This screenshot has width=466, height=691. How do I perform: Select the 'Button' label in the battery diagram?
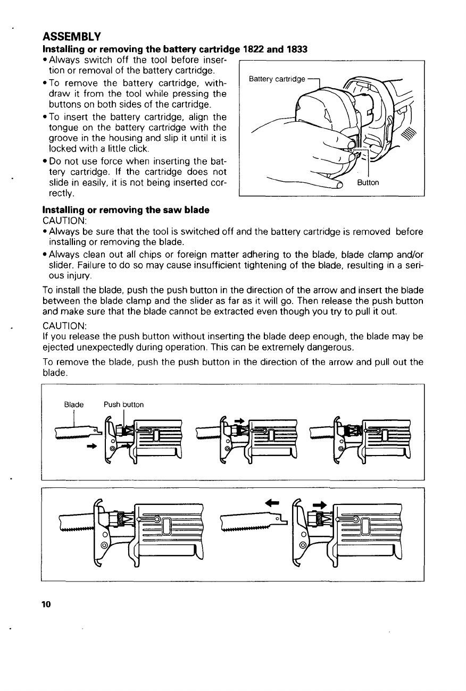coord(368,183)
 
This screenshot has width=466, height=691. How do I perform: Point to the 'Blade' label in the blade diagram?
coord(73,405)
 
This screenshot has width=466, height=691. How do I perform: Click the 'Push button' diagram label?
coord(123,405)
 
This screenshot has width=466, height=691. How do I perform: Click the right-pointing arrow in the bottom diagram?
coord(320,504)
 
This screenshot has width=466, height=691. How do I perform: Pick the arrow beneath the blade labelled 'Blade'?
coord(92,446)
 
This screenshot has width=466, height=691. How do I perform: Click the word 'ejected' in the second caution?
coord(57,348)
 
